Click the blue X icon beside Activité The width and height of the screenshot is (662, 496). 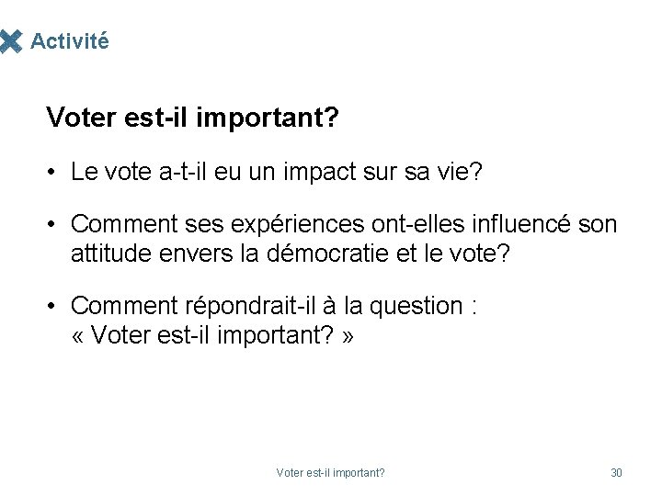click(x=10, y=41)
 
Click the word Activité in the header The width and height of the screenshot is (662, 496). click(x=69, y=41)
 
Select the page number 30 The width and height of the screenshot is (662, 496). click(x=616, y=473)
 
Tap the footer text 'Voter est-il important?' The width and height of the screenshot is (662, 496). click(x=330, y=473)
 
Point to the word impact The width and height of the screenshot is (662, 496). click(x=308, y=172)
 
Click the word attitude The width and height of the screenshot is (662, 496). click(x=107, y=253)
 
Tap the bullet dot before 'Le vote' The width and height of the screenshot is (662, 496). click(x=55, y=173)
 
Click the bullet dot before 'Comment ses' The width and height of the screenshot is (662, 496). click(x=55, y=225)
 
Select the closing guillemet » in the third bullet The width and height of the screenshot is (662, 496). click(x=347, y=336)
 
